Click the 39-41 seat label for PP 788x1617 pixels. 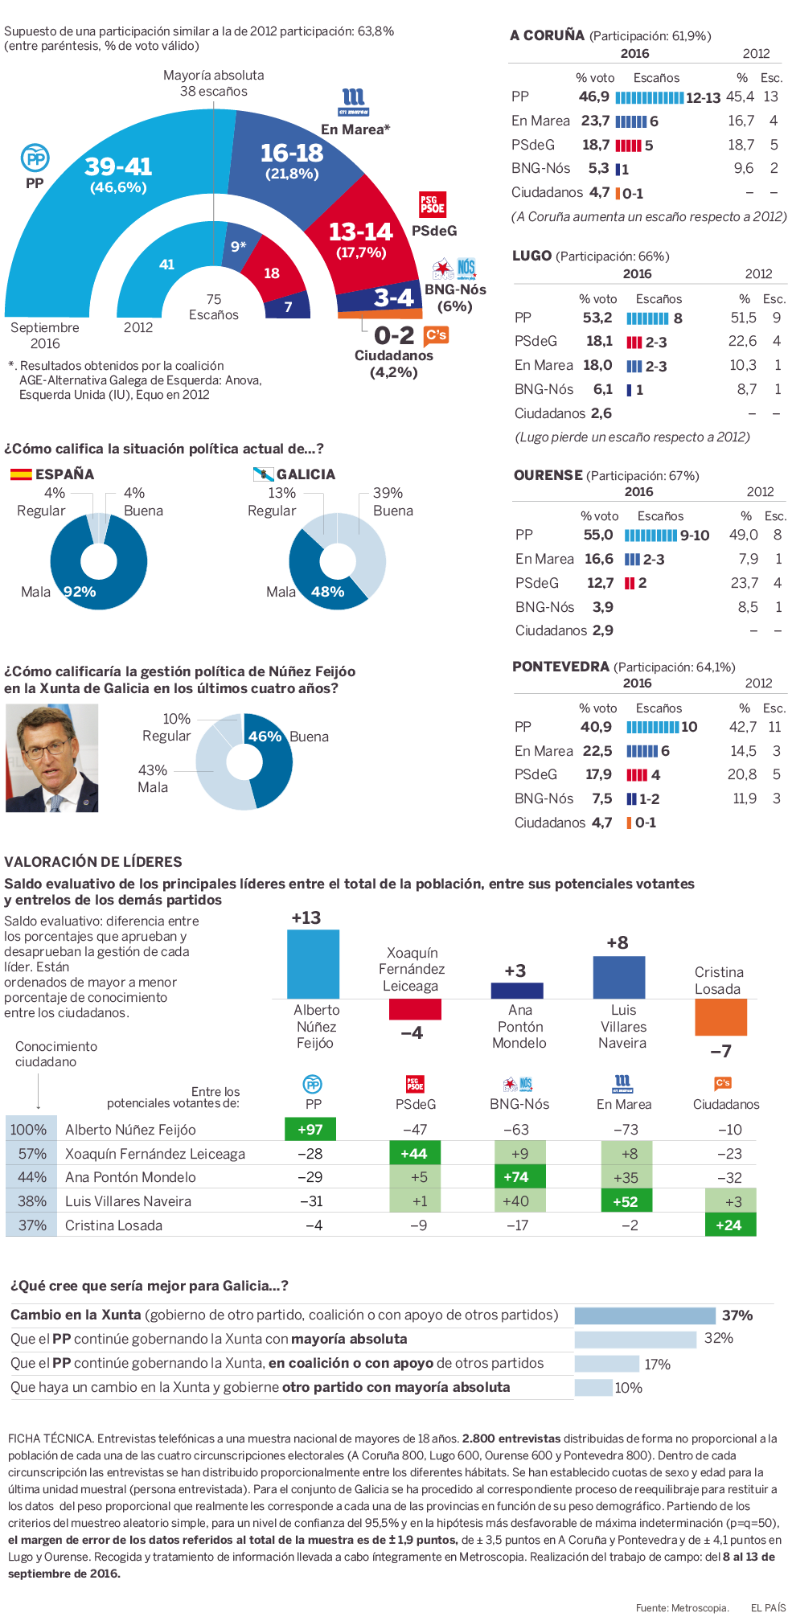118,166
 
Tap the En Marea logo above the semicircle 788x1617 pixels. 353,102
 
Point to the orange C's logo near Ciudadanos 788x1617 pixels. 436,334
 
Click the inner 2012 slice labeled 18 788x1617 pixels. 272,273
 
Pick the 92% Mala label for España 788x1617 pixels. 80,592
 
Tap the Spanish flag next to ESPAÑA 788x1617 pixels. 21,474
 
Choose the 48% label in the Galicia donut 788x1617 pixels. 327,592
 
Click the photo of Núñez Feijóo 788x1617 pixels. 52,757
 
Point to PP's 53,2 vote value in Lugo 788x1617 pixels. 597,318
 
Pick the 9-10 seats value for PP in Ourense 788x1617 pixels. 695,536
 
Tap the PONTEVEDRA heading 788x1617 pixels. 561,667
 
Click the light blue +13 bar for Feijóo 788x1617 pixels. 313,964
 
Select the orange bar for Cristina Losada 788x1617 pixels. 720,1017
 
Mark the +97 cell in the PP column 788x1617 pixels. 310,1129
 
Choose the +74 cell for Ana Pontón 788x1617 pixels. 515,1177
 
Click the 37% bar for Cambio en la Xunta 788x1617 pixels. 645,1315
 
